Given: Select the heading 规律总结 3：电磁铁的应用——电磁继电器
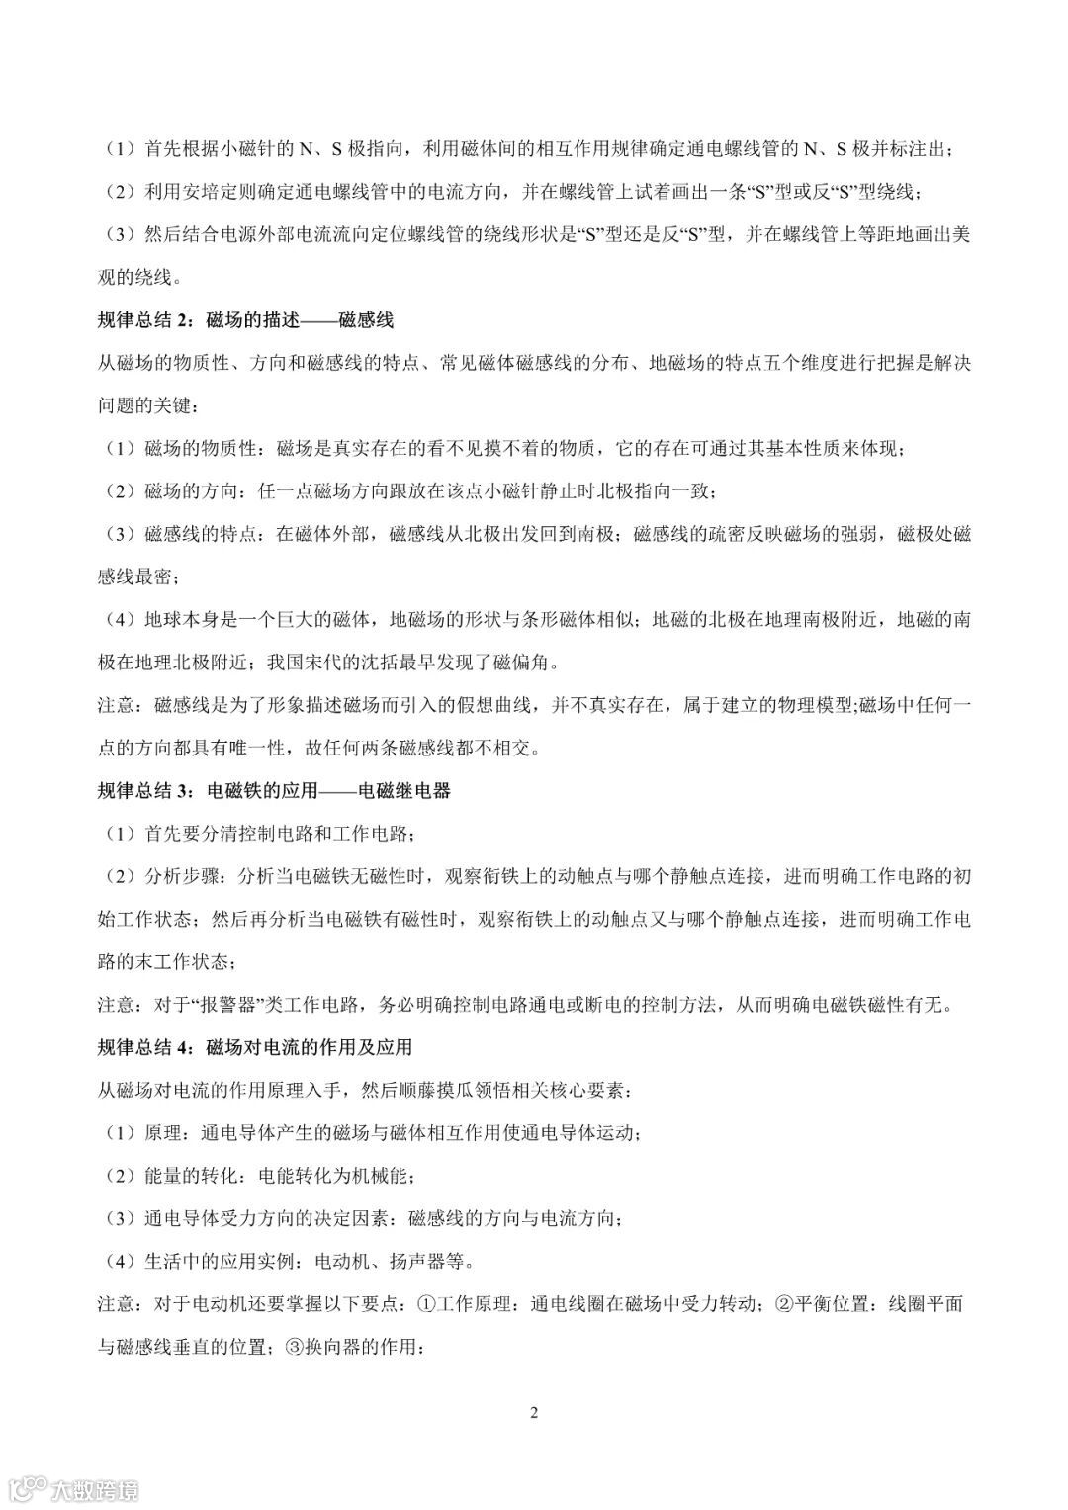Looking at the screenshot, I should coord(274,791).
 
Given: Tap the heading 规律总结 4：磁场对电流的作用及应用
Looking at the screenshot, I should coord(254,1047).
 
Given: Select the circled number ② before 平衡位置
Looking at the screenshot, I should coord(782,1304).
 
